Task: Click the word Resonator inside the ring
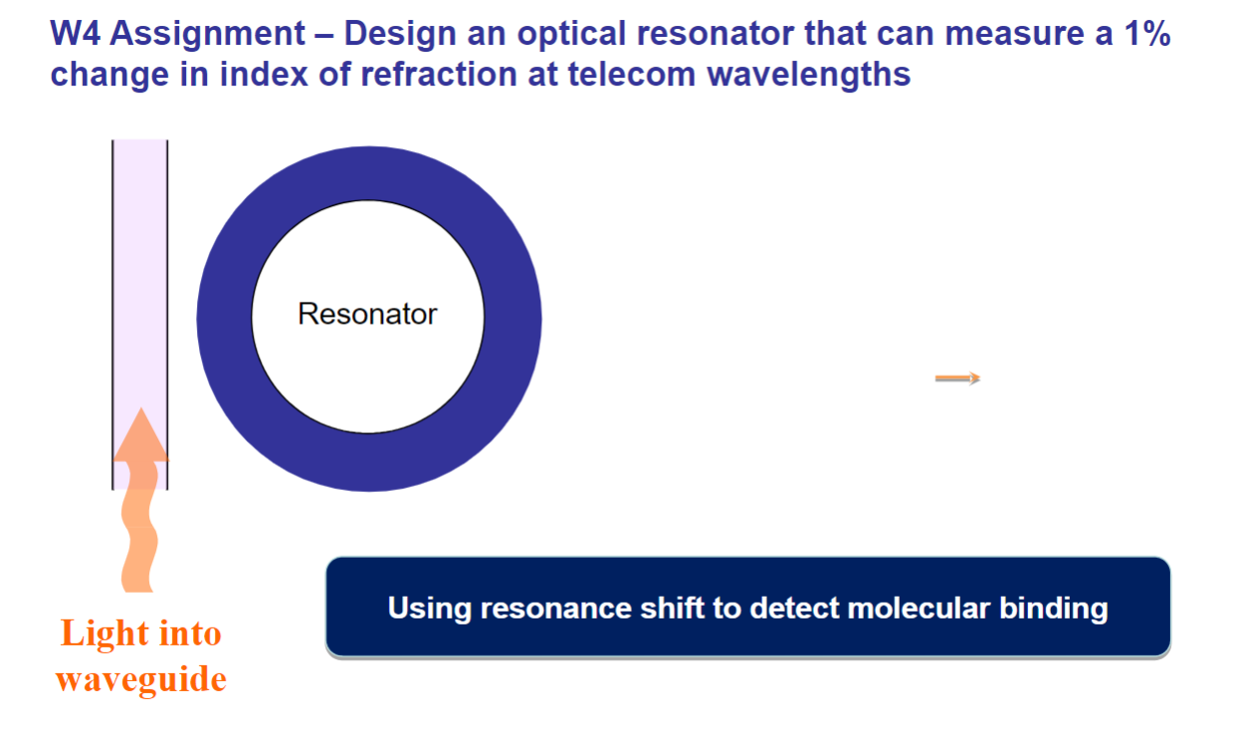click(367, 315)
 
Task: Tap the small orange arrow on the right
click(957, 377)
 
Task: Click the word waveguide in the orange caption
click(140, 679)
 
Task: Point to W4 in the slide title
click(77, 34)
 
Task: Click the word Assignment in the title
click(208, 34)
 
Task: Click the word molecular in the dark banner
click(877, 608)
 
